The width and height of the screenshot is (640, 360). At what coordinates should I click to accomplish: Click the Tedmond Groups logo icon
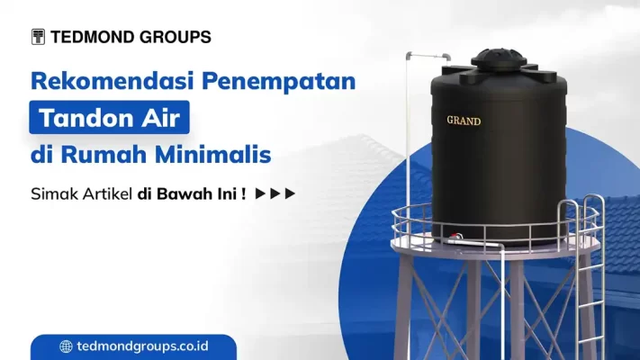coord(38,37)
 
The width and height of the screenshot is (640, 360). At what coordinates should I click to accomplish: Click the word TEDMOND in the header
coord(93,37)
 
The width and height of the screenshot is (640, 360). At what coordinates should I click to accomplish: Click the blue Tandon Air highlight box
coord(114,118)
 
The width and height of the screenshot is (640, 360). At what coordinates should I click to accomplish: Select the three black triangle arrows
coord(275,193)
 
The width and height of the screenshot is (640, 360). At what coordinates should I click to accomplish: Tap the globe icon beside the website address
coord(66,346)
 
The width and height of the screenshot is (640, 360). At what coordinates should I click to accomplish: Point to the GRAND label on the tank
coord(464,120)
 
